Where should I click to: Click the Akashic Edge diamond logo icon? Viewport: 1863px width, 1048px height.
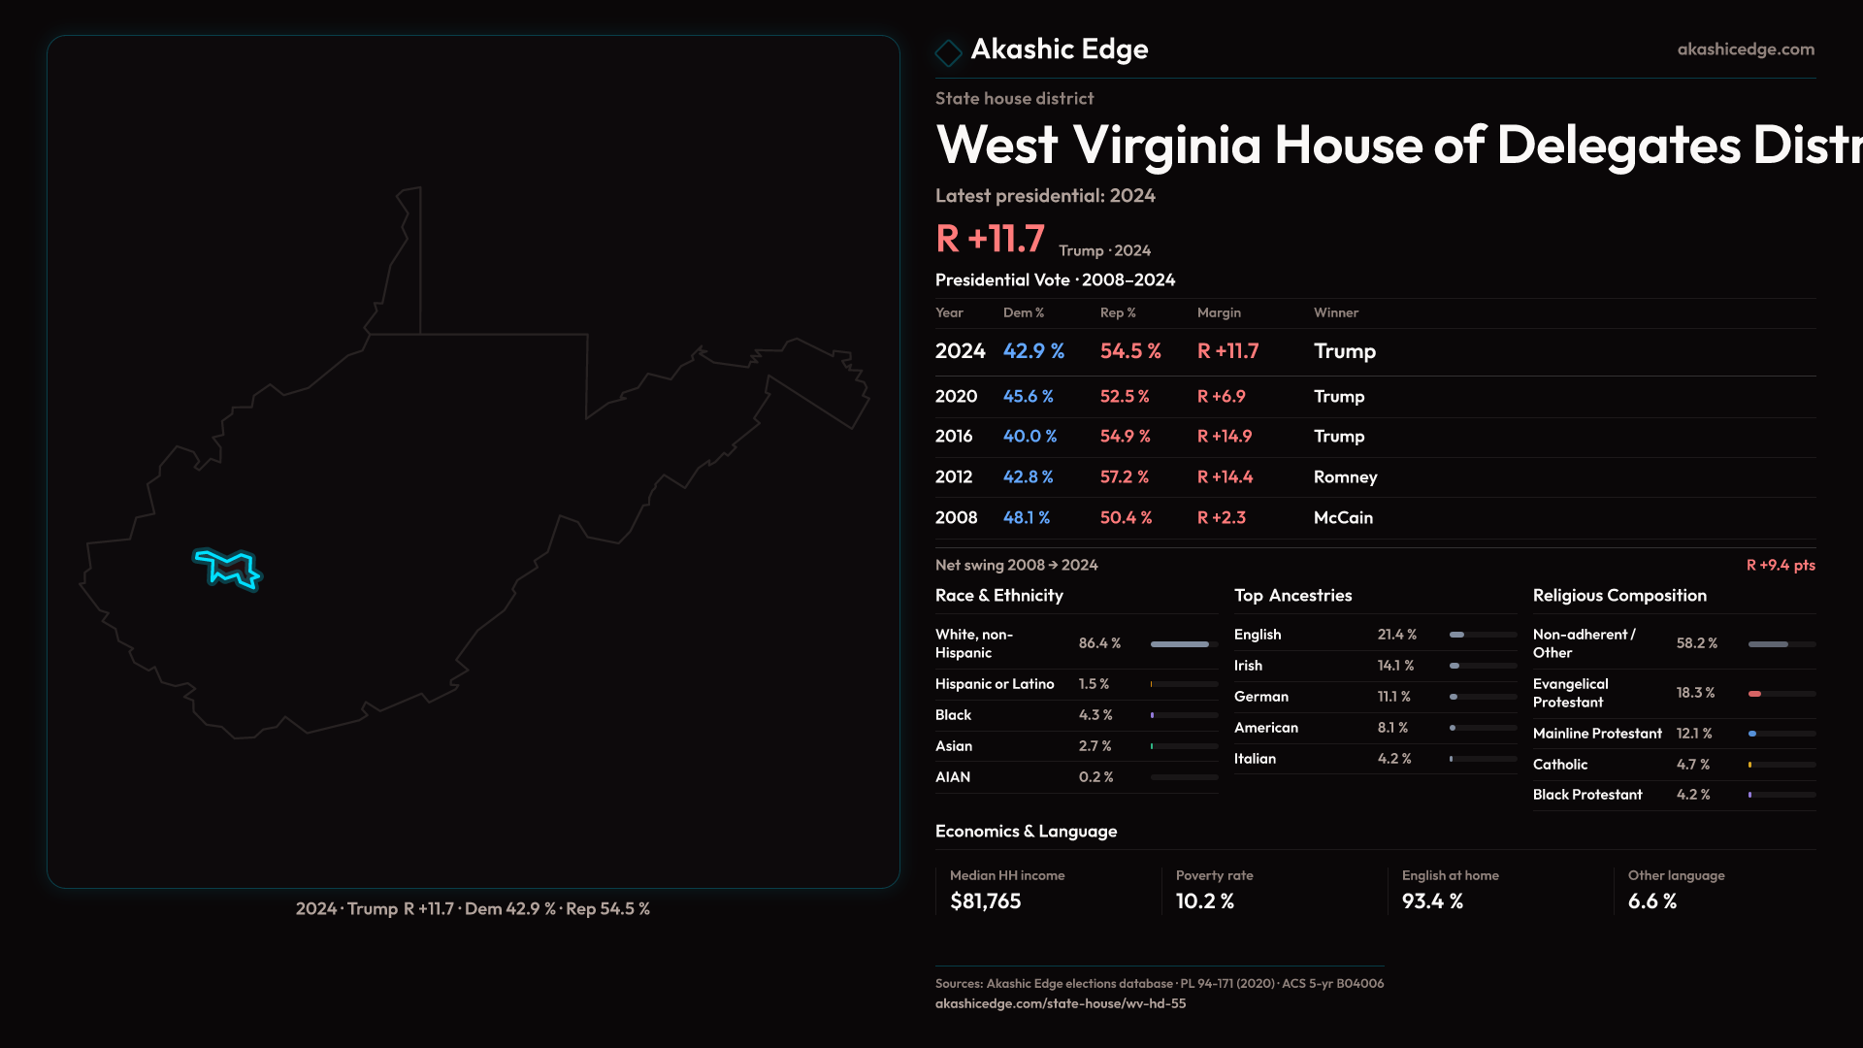[x=948, y=51]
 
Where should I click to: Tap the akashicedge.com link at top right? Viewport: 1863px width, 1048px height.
[x=1746, y=49]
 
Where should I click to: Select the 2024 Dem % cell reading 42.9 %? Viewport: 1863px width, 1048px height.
[x=1033, y=351]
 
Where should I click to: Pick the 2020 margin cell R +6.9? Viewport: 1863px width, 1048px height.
[x=1221, y=397]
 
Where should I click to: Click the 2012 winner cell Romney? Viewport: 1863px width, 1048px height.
[x=1345, y=477]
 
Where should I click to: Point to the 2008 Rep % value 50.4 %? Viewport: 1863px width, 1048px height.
[x=1126, y=518]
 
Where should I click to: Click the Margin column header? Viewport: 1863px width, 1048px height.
[x=1219, y=312]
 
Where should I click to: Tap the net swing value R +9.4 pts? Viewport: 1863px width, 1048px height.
[x=1781, y=566]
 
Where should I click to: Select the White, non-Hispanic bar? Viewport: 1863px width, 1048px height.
[x=1180, y=644]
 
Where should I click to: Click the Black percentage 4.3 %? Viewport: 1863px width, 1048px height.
[x=1095, y=715]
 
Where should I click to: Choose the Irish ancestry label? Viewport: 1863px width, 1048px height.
[x=1248, y=666]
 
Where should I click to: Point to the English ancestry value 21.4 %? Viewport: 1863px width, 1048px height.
[x=1396, y=635]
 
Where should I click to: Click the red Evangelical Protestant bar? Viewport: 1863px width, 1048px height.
[x=1754, y=694]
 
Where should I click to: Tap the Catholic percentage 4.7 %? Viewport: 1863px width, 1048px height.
[x=1693, y=765]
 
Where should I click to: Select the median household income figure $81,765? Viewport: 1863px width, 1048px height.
[x=985, y=901]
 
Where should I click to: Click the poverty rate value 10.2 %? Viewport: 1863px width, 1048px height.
[x=1204, y=901]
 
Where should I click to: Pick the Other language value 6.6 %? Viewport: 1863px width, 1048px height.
[x=1651, y=901]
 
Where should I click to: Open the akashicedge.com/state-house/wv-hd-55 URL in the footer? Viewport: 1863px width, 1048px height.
[x=1060, y=1003]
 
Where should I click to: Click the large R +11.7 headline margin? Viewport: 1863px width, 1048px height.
[x=990, y=239]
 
